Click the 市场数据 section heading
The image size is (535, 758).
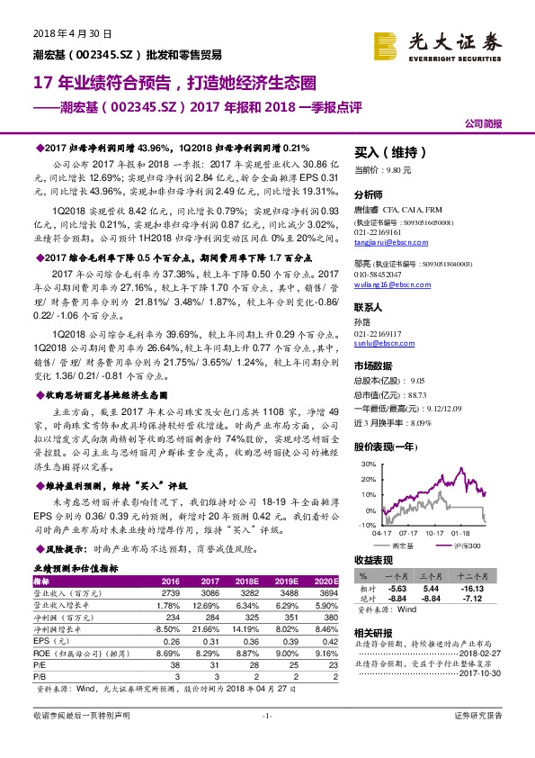click(x=373, y=365)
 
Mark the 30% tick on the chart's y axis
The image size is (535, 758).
click(x=367, y=465)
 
